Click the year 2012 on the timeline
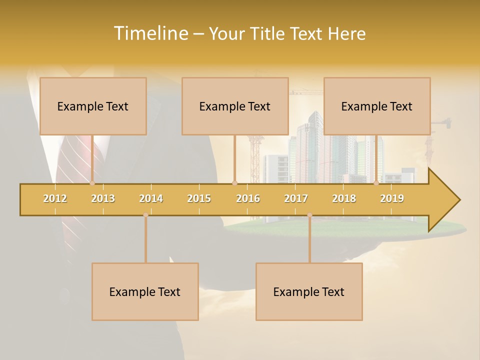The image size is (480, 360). coord(55,198)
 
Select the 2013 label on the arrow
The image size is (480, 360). coord(103,198)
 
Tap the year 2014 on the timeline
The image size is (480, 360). coord(151,198)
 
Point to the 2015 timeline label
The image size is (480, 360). coord(199,198)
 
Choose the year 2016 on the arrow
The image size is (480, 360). coord(248,198)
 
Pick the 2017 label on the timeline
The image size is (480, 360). coord(296,198)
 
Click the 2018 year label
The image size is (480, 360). coord(344,198)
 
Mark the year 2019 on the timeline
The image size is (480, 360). coord(392,198)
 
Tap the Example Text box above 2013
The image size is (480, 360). coord(93,106)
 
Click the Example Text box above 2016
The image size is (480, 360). coord(235,106)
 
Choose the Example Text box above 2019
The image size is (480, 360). coord(377,106)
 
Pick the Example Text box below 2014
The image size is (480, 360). coord(145,292)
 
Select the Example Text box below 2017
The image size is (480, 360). coord(309,292)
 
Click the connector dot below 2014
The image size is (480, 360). coord(145,215)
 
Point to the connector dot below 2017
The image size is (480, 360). coord(309,215)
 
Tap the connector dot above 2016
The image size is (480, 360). coord(234,183)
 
